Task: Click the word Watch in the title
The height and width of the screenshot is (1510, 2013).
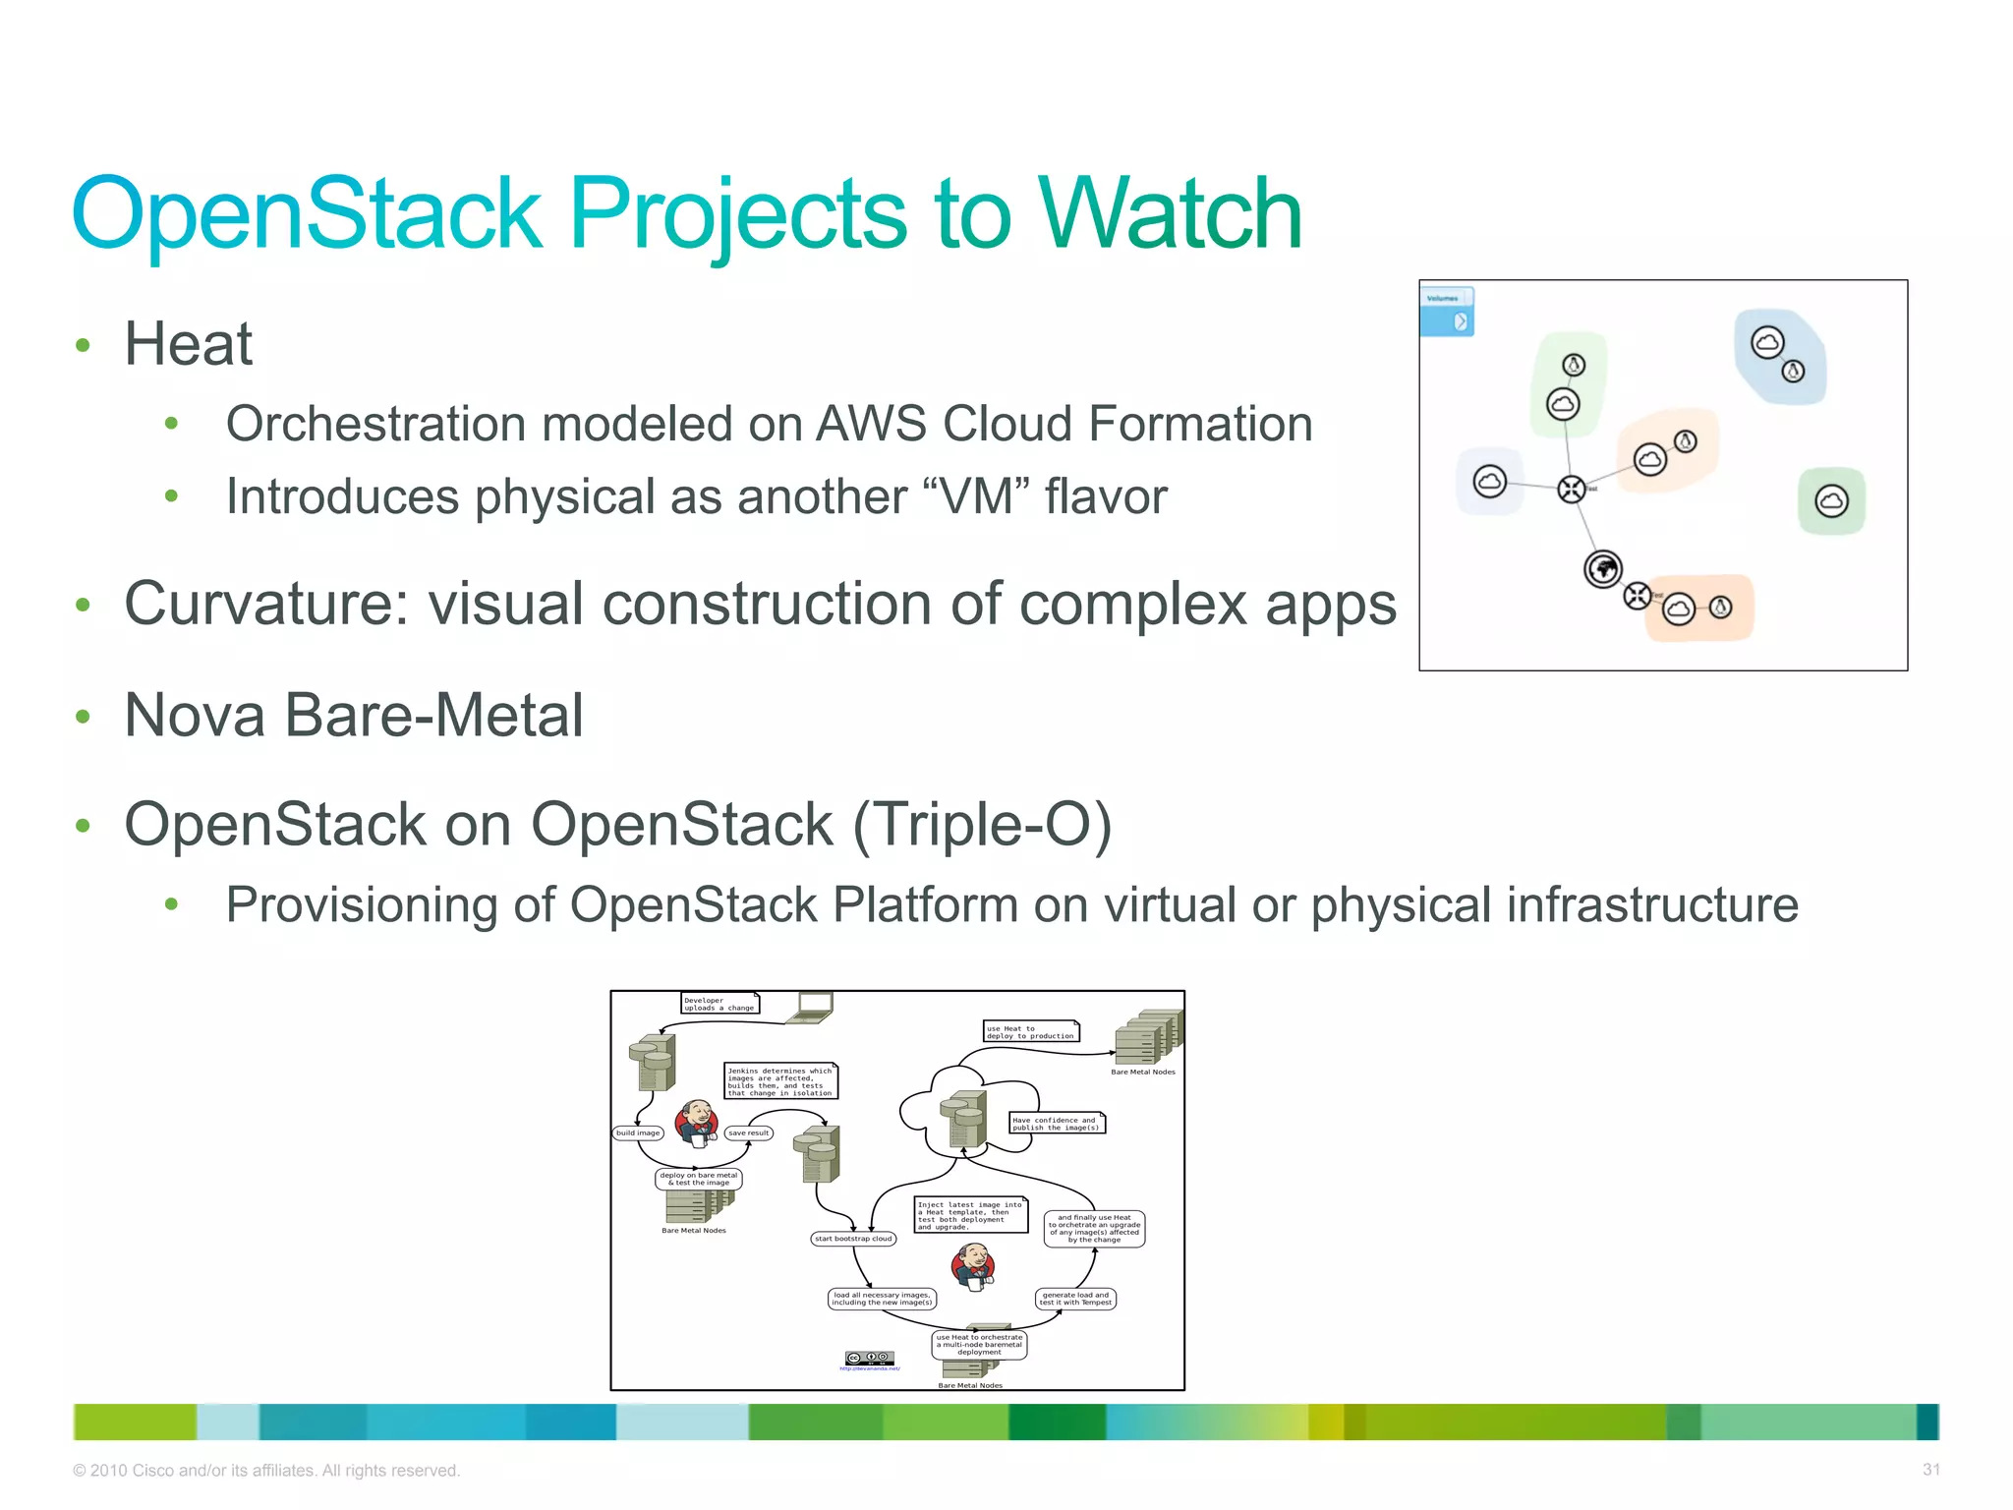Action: [1170, 213]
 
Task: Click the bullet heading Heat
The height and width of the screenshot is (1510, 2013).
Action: [188, 344]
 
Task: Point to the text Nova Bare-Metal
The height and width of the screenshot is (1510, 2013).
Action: [354, 715]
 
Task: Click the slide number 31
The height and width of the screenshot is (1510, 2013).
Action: [1930, 1470]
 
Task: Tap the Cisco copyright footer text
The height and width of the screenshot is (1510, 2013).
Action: [266, 1471]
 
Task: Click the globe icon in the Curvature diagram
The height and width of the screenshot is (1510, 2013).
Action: [1603, 568]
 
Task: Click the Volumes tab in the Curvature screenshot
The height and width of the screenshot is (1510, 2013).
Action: [1445, 298]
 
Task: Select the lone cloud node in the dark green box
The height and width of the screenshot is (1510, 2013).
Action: [1831, 501]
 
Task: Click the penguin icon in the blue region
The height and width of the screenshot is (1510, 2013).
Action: [1793, 371]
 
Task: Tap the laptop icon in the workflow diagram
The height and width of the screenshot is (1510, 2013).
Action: [815, 1006]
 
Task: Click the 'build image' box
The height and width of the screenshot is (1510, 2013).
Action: [638, 1132]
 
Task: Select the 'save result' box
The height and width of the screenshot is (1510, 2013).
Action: [749, 1132]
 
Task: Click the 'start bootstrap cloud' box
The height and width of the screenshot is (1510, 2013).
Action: [853, 1239]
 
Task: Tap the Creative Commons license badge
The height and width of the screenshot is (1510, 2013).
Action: [870, 1358]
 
